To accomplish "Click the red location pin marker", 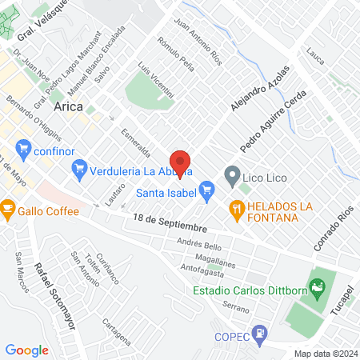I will [x=181, y=162].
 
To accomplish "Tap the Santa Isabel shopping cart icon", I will [x=207, y=190].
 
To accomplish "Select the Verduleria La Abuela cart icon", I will [x=79, y=168].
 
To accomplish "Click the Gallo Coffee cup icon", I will [x=8, y=210].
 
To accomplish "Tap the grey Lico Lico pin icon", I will [x=232, y=174].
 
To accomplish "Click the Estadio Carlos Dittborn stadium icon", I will [x=318, y=286].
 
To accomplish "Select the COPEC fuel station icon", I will [x=259, y=331].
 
